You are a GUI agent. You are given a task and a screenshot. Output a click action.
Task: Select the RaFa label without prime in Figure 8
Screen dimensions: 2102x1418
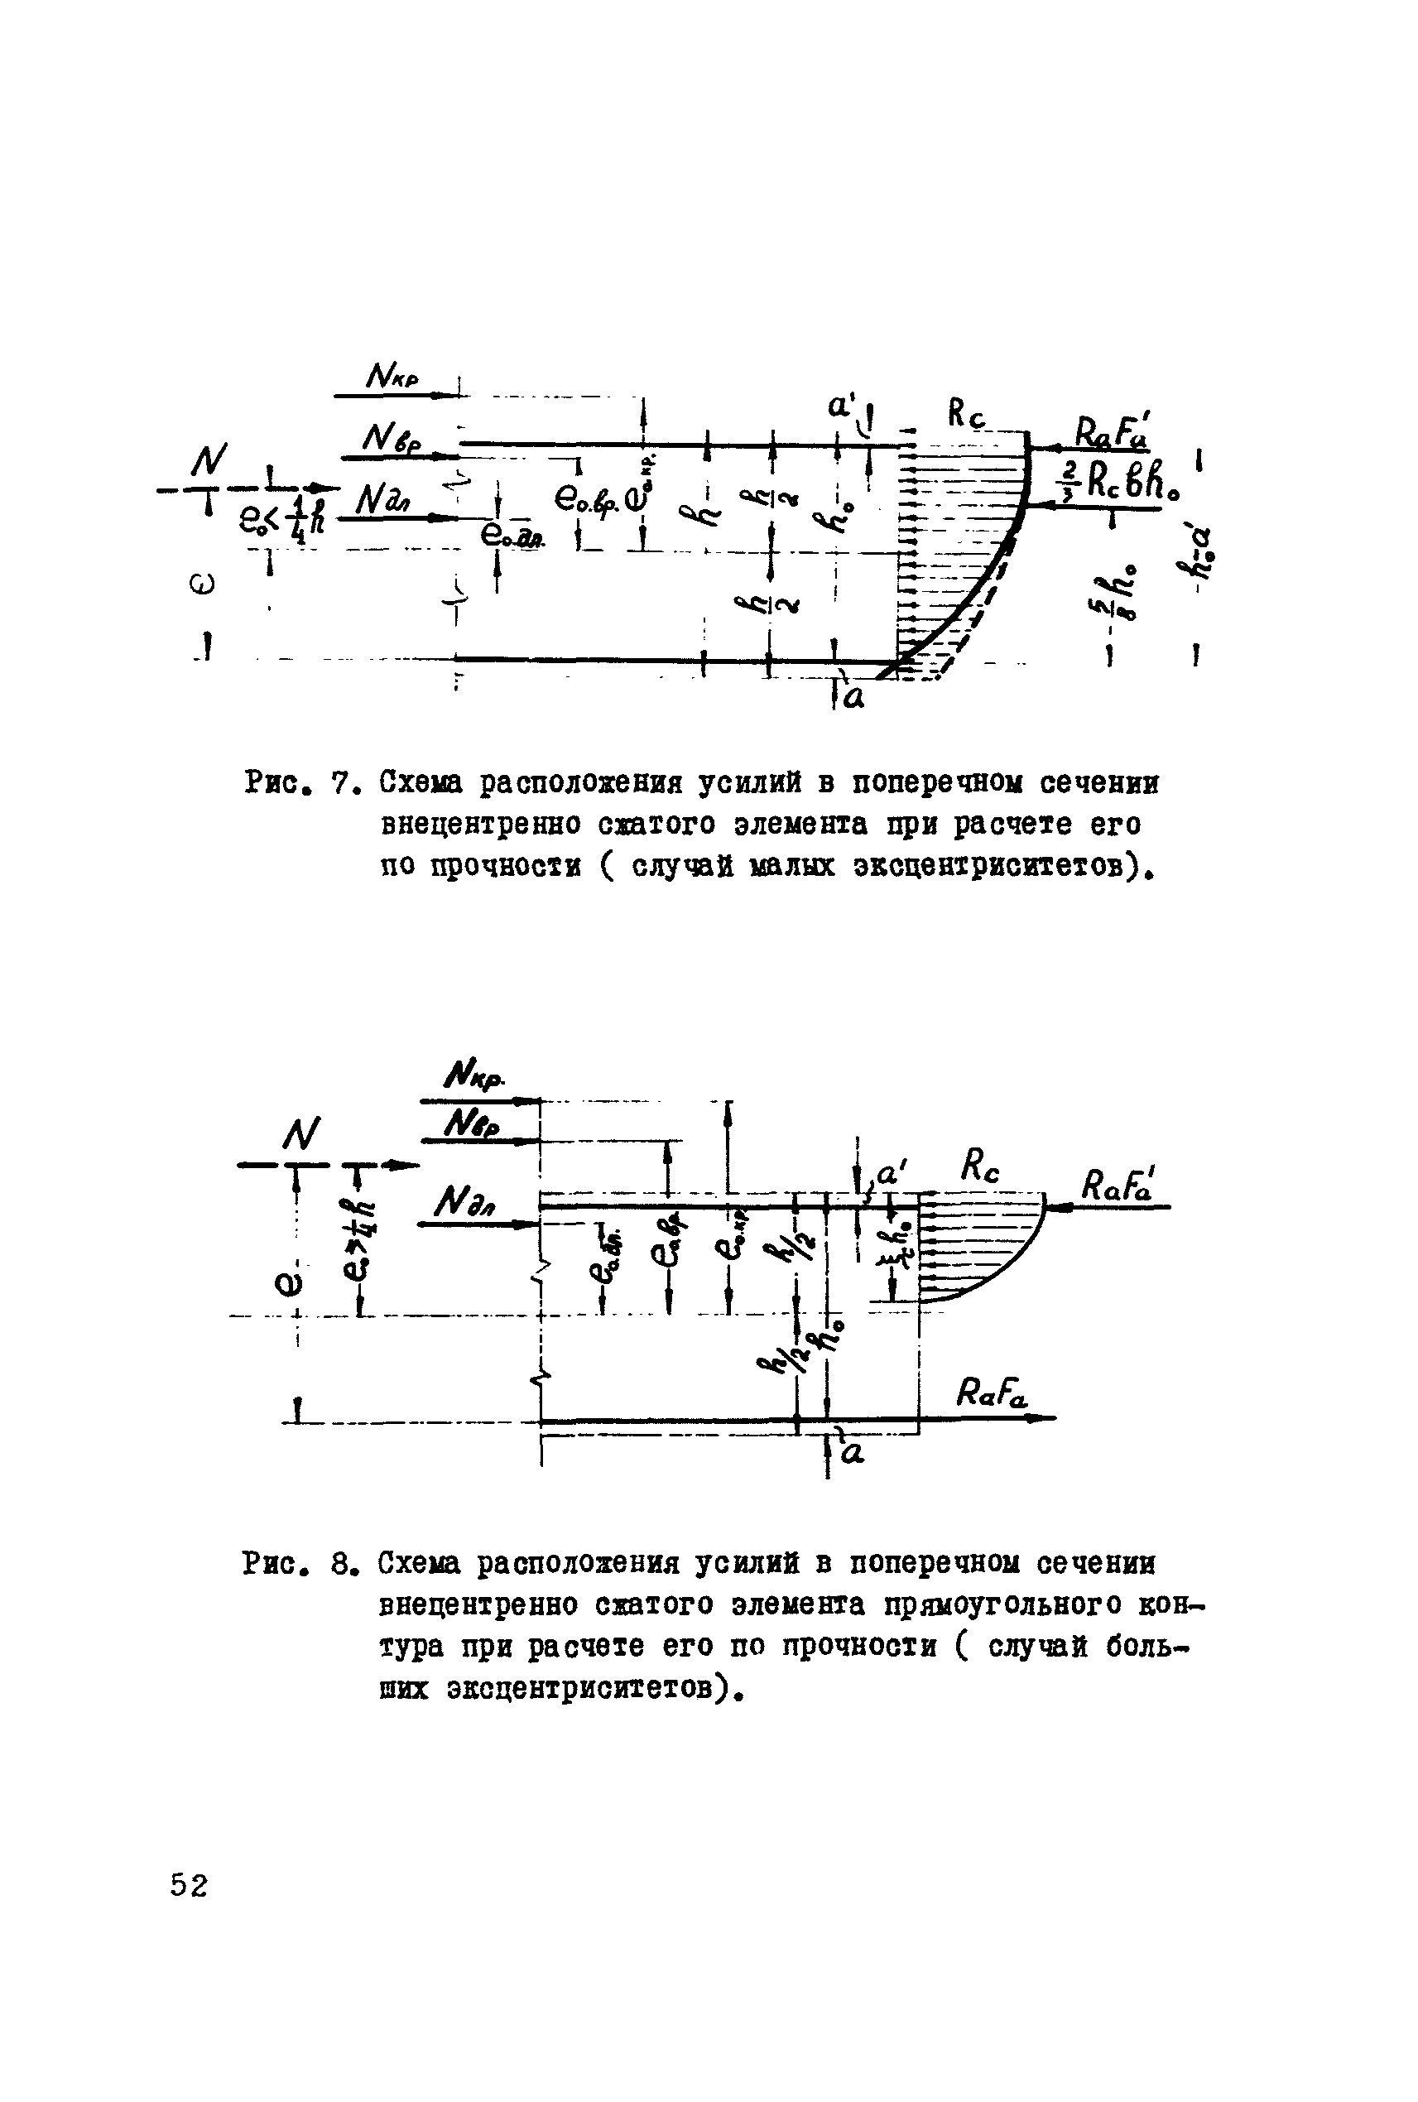coord(991,1397)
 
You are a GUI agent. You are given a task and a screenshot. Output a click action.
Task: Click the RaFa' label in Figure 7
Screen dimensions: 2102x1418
coord(1111,430)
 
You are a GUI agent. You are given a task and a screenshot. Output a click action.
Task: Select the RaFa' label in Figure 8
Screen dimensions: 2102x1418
coord(1117,1184)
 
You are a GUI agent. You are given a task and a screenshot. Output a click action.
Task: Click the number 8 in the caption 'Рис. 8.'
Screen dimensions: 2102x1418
coord(340,1564)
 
